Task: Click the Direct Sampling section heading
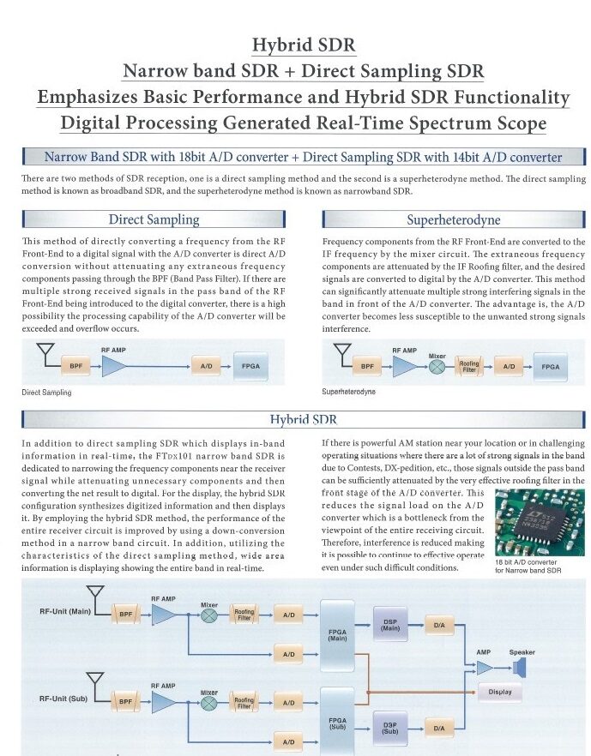pos(154,219)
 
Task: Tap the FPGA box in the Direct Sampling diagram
pos(250,366)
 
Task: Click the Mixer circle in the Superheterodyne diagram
pos(437,366)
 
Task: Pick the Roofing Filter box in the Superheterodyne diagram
pos(469,366)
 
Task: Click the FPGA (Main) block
pos(337,635)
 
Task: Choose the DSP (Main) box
pos(390,624)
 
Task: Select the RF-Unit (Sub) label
pos(64,699)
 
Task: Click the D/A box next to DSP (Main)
pos(439,626)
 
